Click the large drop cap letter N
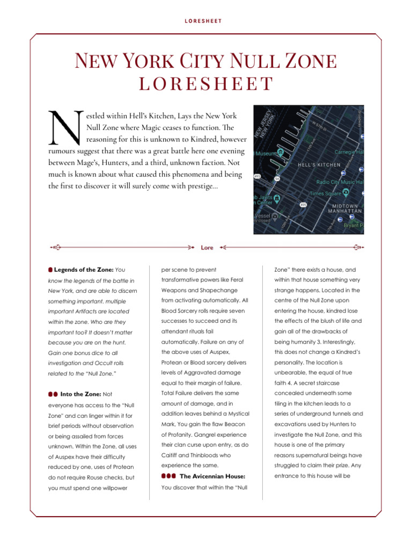[63, 129]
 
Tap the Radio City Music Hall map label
[340, 182]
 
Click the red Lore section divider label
[207, 248]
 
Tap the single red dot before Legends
[50, 269]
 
